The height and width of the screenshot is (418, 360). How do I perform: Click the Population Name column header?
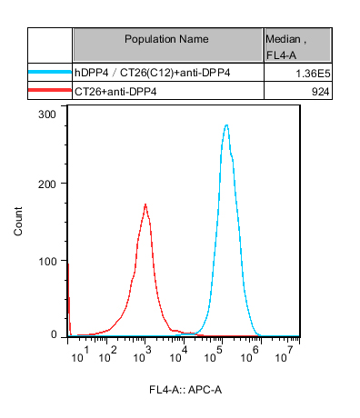(x=166, y=39)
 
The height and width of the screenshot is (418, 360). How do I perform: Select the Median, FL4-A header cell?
(x=285, y=47)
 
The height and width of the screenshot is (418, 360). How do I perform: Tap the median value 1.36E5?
(x=313, y=74)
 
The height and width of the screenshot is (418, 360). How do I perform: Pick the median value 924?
(x=320, y=92)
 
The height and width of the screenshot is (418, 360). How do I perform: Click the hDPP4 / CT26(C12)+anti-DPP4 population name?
(x=153, y=73)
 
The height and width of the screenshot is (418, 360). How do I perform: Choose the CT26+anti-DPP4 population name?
(x=115, y=92)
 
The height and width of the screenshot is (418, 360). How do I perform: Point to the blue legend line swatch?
(x=50, y=72)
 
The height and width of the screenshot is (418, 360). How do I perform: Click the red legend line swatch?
(x=50, y=90)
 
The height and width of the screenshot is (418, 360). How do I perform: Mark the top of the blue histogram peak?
(x=226, y=124)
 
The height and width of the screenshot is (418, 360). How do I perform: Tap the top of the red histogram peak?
(x=145, y=204)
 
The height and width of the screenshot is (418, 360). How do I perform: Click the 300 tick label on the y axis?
(x=47, y=114)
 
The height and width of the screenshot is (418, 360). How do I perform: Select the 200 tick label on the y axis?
(x=47, y=184)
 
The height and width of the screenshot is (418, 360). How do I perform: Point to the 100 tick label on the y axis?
(x=47, y=261)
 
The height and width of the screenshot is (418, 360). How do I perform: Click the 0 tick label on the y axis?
(x=54, y=334)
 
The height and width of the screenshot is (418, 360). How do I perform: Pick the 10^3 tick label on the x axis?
(x=142, y=355)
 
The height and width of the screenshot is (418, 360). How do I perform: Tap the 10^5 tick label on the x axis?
(x=214, y=355)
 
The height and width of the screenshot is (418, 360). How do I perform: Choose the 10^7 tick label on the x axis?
(x=285, y=355)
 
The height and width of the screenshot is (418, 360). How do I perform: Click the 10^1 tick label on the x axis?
(x=80, y=355)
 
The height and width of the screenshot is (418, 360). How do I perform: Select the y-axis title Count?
(x=18, y=221)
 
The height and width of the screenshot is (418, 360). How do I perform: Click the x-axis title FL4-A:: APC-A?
(x=185, y=390)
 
